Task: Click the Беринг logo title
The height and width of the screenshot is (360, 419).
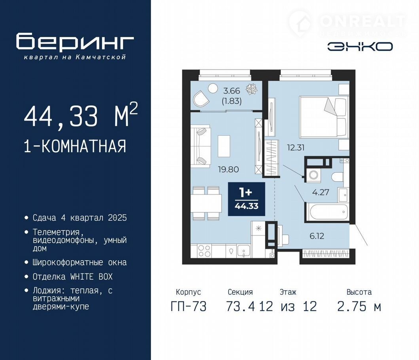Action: pos(75,42)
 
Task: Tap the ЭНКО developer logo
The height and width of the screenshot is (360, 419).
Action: pos(360,47)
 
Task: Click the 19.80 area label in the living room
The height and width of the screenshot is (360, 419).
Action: pos(228,169)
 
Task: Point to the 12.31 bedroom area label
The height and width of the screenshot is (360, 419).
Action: pos(296,148)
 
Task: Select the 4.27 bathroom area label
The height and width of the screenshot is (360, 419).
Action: pos(320,192)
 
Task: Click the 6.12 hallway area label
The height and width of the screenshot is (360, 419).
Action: pos(317,236)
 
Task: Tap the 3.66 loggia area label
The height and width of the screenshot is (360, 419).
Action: pos(232,91)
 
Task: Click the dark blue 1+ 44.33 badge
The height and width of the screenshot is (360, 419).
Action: pos(246,199)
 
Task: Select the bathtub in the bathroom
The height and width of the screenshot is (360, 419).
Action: pos(327,212)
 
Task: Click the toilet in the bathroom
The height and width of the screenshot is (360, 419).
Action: pos(337,177)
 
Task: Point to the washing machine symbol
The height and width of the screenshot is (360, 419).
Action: pos(313,175)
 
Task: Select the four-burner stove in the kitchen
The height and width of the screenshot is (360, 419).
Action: pos(204,251)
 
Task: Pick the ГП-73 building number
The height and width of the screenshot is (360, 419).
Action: pos(189,306)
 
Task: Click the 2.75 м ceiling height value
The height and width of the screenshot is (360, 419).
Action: pos(359,306)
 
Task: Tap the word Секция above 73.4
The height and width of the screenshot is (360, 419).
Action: pos(240,292)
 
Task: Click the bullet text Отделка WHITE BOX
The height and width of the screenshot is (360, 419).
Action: pos(73,277)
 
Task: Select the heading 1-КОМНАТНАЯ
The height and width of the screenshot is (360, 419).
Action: pos(75,146)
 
